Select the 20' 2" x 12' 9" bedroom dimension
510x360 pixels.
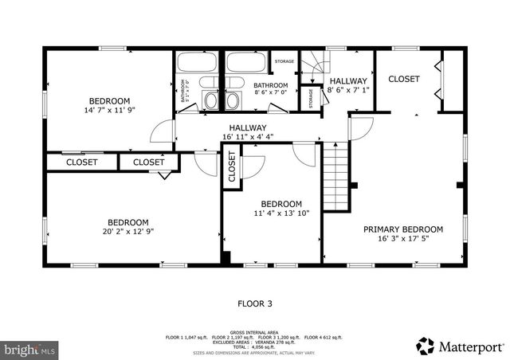(128, 232)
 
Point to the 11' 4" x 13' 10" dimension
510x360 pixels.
(281, 213)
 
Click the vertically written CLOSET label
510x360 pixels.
(232, 167)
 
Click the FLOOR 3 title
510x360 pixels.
(255, 303)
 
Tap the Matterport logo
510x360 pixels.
(460, 346)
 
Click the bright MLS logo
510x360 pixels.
(29, 348)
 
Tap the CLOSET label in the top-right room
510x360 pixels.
(404, 79)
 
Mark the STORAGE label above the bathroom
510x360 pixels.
(284, 61)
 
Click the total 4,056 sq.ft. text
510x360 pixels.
(255, 343)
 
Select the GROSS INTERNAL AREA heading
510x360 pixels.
(254, 332)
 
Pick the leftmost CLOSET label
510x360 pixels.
(81, 162)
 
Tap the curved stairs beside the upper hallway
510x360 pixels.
(314, 64)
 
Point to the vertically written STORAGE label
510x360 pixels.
(310, 98)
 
